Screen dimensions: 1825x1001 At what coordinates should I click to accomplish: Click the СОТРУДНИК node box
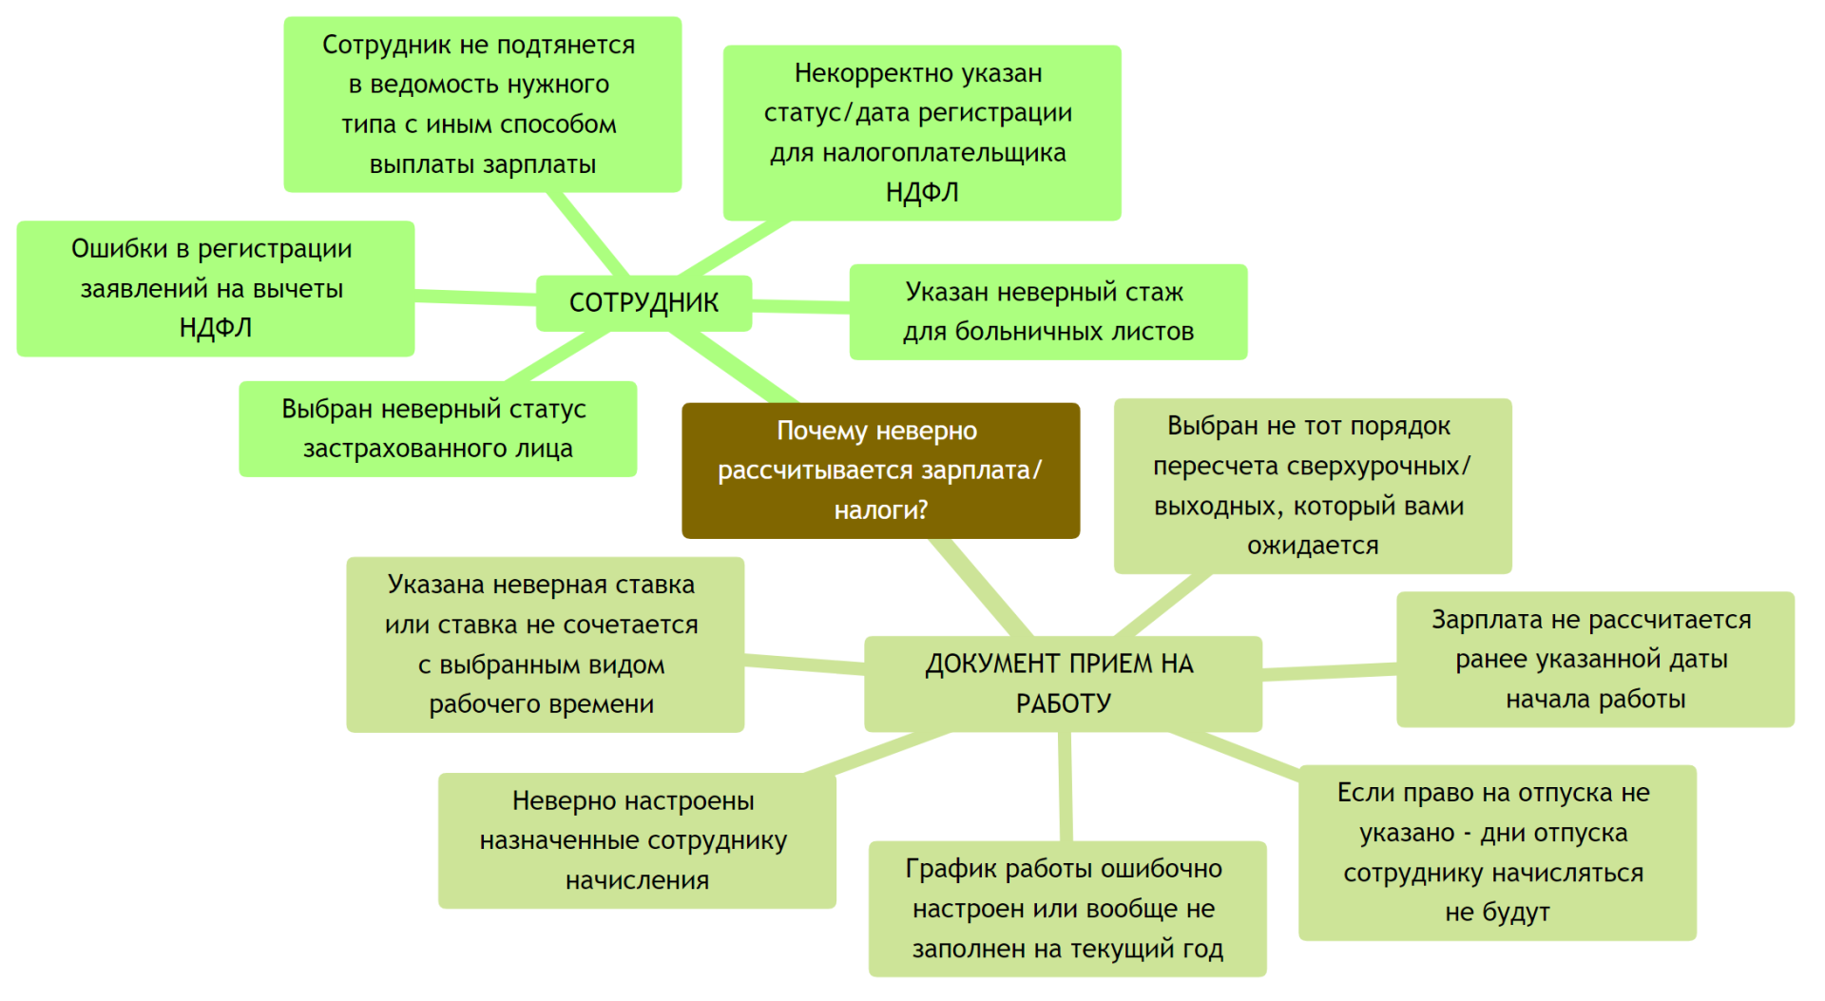point(644,303)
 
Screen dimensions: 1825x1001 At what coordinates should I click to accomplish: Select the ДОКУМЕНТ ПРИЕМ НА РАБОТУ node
point(1063,683)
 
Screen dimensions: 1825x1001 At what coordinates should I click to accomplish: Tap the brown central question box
point(880,471)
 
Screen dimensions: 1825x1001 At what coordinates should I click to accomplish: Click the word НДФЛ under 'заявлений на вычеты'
point(216,328)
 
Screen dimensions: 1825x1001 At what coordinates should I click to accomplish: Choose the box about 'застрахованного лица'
point(437,429)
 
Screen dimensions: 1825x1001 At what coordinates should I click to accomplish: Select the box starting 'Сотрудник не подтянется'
point(482,105)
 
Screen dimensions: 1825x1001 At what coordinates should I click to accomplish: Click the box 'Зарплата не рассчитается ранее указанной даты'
point(1595,660)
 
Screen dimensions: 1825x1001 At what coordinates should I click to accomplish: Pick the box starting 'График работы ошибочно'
point(1067,909)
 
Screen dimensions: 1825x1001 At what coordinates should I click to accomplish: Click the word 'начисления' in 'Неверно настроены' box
point(637,881)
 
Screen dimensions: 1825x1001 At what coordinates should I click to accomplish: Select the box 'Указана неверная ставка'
point(545,645)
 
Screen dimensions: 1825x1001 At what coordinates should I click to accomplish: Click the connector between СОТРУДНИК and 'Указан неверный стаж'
point(800,306)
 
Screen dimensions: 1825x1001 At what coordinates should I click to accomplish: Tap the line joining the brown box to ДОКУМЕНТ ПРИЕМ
point(980,587)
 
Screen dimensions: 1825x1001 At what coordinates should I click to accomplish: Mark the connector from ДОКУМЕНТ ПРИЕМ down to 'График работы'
point(1066,786)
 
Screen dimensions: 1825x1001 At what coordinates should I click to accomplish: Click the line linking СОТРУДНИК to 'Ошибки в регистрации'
point(475,298)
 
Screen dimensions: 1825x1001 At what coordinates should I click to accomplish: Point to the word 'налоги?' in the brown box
point(881,510)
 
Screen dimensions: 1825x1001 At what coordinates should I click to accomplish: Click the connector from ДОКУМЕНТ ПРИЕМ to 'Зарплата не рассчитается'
point(1329,672)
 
